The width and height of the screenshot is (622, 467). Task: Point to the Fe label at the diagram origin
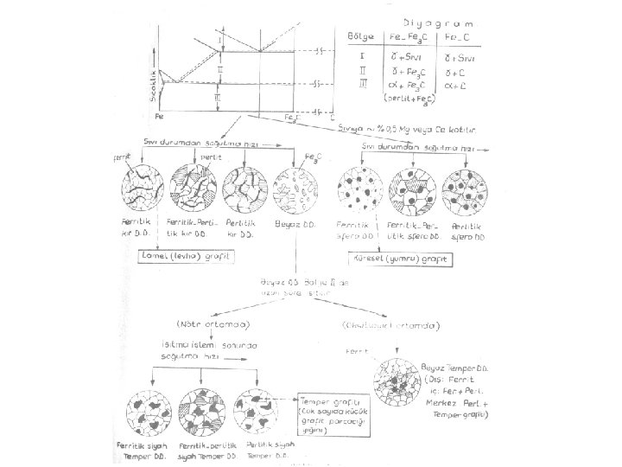(158, 115)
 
